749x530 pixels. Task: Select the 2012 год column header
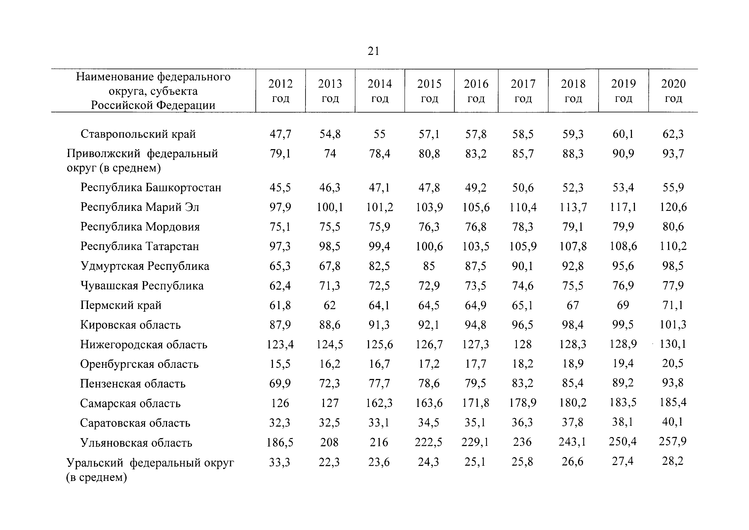[281, 91]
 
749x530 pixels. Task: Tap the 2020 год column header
[673, 91]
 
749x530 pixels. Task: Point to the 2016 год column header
[476, 91]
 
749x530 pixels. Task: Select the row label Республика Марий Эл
[140, 207]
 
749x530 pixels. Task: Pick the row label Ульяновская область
[136, 443]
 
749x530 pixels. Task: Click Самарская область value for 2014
[379, 403]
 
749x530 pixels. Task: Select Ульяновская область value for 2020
[673, 442]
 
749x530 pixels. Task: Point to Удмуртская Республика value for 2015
[429, 266]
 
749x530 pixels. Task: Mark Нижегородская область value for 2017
[523, 344]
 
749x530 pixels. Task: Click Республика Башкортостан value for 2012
[280, 187]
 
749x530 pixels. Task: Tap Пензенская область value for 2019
[623, 383]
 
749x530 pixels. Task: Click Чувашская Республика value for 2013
[330, 286]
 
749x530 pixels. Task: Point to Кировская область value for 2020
[673, 324]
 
